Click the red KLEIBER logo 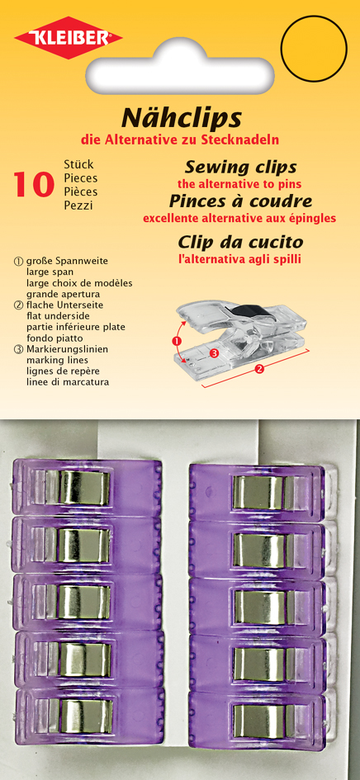tap(69, 37)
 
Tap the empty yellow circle tap(314, 48)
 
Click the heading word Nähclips tap(182, 119)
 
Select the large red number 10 tap(34, 185)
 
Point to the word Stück tap(78, 164)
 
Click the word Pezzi tap(78, 206)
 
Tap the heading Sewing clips tap(240, 167)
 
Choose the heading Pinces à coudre tap(240, 201)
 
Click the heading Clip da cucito tap(240, 243)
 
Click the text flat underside tap(57, 316)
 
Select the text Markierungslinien tap(67, 349)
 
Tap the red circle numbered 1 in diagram tap(175, 341)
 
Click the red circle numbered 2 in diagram tap(259, 369)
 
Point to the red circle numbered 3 tap(214, 353)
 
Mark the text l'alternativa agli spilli tap(240, 259)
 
